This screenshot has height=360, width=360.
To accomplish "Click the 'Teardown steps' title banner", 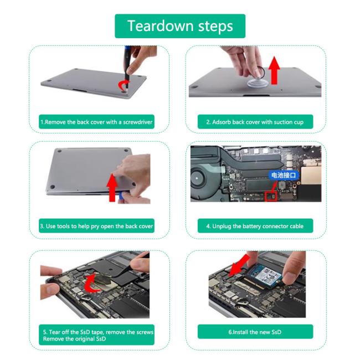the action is click(x=180, y=26).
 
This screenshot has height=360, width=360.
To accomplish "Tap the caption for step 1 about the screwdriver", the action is click(x=96, y=122).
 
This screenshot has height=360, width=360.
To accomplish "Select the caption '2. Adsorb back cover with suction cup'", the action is click(x=255, y=122).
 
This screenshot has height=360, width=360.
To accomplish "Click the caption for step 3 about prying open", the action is click(x=96, y=226).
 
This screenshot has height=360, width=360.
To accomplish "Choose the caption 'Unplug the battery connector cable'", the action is click(x=255, y=226).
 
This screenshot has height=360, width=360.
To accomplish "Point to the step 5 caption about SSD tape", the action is click(x=96, y=335).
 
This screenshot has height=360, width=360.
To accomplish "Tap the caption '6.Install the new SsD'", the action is click(x=255, y=332).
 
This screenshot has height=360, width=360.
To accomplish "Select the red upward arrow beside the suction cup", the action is click(x=274, y=70).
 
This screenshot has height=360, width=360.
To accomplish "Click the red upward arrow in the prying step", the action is click(x=112, y=188).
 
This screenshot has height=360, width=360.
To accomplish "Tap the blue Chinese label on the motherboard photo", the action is click(x=284, y=176).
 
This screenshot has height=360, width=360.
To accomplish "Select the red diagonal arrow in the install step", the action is click(x=239, y=265).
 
